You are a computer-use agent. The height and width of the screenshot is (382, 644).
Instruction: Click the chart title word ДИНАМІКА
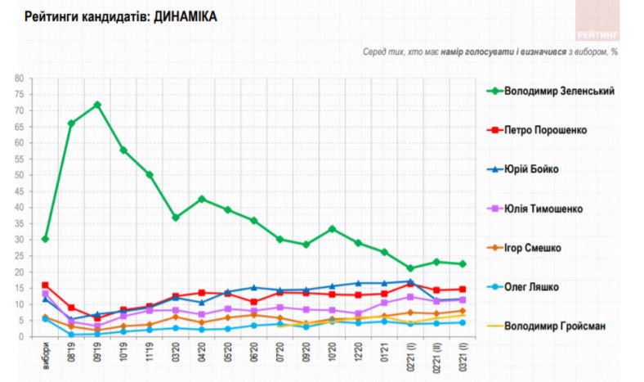[x=181, y=16]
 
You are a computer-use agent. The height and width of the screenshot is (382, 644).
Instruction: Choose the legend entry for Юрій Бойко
[x=537, y=169]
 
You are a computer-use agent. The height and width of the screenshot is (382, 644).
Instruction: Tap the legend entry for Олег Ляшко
[x=535, y=287]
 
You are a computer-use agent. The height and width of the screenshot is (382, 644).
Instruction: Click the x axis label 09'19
[x=97, y=353]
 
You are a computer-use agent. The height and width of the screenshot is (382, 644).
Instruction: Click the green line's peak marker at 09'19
[x=97, y=105]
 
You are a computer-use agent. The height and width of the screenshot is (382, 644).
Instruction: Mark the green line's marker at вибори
[x=46, y=239]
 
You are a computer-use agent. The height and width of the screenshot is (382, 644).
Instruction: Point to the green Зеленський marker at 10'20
[x=332, y=229]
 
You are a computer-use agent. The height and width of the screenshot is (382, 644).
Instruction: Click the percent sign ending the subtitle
[x=614, y=52]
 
